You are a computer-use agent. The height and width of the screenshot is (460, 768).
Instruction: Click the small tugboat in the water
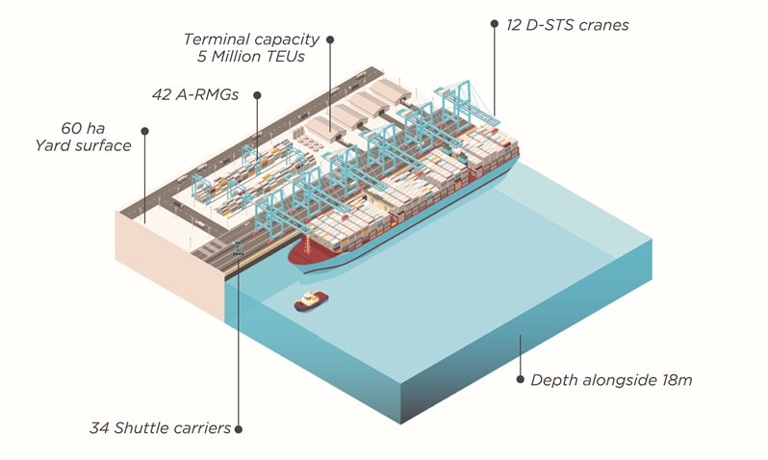click(x=312, y=301)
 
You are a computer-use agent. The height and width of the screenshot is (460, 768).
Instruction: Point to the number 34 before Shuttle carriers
click(x=100, y=428)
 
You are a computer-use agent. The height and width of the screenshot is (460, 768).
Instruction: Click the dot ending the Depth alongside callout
click(x=521, y=379)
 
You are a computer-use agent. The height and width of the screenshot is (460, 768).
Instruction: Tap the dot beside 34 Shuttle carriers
click(x=239, y=428)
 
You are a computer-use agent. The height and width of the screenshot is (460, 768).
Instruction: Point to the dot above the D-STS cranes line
click(x=495, y=23)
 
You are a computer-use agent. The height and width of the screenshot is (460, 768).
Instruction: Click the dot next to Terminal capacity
click(x=330, y=39)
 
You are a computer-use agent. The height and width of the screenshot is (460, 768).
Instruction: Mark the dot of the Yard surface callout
click(x=144, y=131)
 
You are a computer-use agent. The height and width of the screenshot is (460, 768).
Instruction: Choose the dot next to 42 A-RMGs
click(x=258, y=94)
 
